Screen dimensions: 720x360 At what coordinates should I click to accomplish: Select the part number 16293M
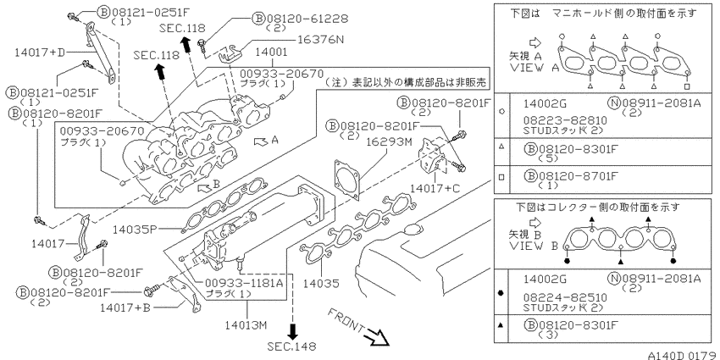[386, 143]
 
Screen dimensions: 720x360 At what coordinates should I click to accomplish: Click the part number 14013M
[246, 325]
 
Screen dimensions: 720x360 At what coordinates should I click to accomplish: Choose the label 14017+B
[125, 307]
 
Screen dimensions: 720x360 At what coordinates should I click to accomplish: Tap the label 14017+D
[40, 52]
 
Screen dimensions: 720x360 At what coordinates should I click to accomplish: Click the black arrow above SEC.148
[292, 330]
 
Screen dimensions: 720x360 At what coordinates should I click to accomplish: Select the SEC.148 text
[292, 346]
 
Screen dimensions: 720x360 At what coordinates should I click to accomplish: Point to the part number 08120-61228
[307, 19]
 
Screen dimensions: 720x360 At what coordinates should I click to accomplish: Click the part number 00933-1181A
[243, 283]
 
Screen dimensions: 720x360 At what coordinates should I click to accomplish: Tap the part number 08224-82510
[565, 297]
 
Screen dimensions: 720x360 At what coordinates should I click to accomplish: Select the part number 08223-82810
[565, 120]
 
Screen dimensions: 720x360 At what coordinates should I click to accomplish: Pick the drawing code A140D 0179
[683, 355]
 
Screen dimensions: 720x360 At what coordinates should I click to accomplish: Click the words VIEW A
[534, 68]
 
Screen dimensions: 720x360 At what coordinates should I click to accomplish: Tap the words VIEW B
[534, 246]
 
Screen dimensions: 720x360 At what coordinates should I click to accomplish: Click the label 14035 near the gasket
[321, 283]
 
